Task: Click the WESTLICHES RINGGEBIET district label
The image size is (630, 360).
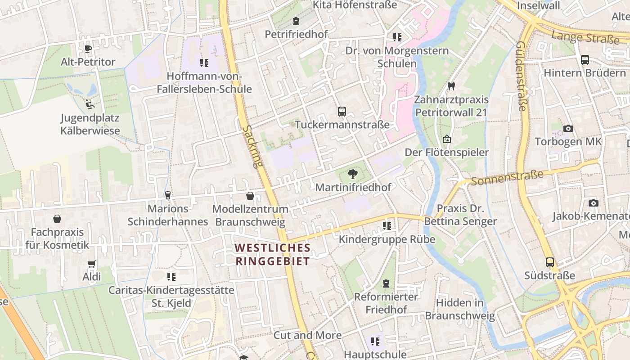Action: (273, 254)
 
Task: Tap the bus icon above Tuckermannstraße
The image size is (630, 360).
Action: (342, 111)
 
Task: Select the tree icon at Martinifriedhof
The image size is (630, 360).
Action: (353, 174)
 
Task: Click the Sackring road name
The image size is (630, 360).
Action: (252, 146)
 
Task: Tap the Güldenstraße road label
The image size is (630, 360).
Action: (521, 76)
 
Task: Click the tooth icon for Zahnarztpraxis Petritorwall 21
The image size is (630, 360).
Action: (451, 86)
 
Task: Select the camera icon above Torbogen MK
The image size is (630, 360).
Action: (568, 128)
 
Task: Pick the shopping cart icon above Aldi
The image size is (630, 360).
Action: (92, 264)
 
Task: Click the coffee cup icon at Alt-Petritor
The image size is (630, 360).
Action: (88, 49)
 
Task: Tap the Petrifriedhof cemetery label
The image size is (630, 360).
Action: (296, 34)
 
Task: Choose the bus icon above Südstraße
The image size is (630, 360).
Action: (550, 262)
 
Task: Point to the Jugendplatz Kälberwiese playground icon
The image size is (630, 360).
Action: (90, 104)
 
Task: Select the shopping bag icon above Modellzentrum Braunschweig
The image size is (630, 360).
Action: (250, 196)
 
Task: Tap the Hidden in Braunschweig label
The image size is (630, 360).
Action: (459, 309)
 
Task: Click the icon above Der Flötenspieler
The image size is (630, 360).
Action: (447, 139)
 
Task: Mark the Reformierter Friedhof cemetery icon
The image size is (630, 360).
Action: (386, 283)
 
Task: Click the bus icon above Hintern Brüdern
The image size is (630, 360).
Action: (585, 59)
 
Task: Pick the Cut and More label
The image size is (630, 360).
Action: (307, 335)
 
